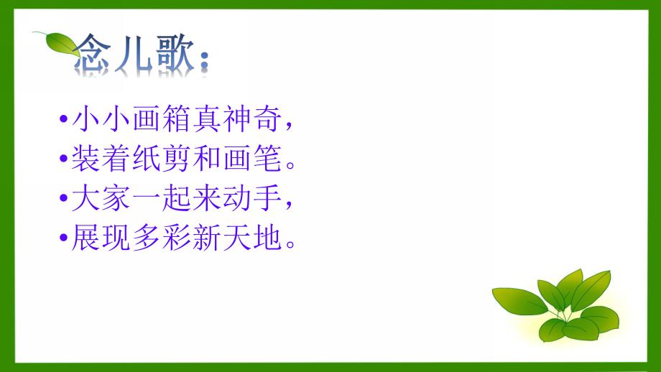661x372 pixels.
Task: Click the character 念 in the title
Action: (x=97, y=55)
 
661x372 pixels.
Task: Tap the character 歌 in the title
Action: (x=173, y=55)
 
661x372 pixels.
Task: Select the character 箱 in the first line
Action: (x=176, y=121)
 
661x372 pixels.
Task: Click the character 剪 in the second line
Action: (x=176, y=160)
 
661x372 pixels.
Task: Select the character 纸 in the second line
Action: (x=145, y=160)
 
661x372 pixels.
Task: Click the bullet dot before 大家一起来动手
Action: (x=65, y=200)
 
